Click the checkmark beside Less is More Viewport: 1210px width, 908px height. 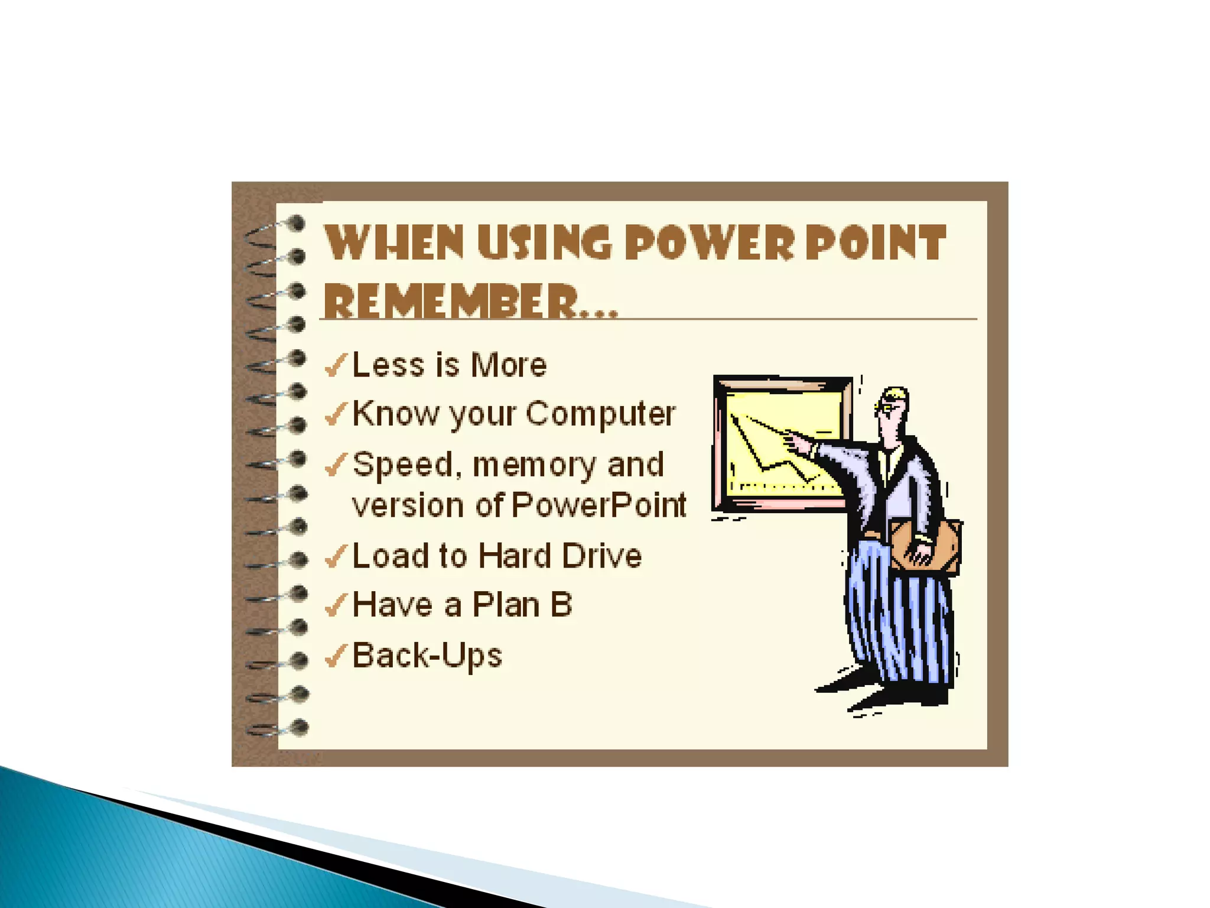pos(336,365)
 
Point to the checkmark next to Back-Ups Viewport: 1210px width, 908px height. pos(336,656)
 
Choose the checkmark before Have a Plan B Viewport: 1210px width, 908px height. pos(336,605)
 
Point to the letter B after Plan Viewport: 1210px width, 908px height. pos(561,605)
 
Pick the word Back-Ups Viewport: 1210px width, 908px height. pos(427,657)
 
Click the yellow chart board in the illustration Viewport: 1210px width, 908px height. pos(783,443)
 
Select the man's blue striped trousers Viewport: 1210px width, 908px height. pos(898,615)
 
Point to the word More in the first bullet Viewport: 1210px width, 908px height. pos(509,365)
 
